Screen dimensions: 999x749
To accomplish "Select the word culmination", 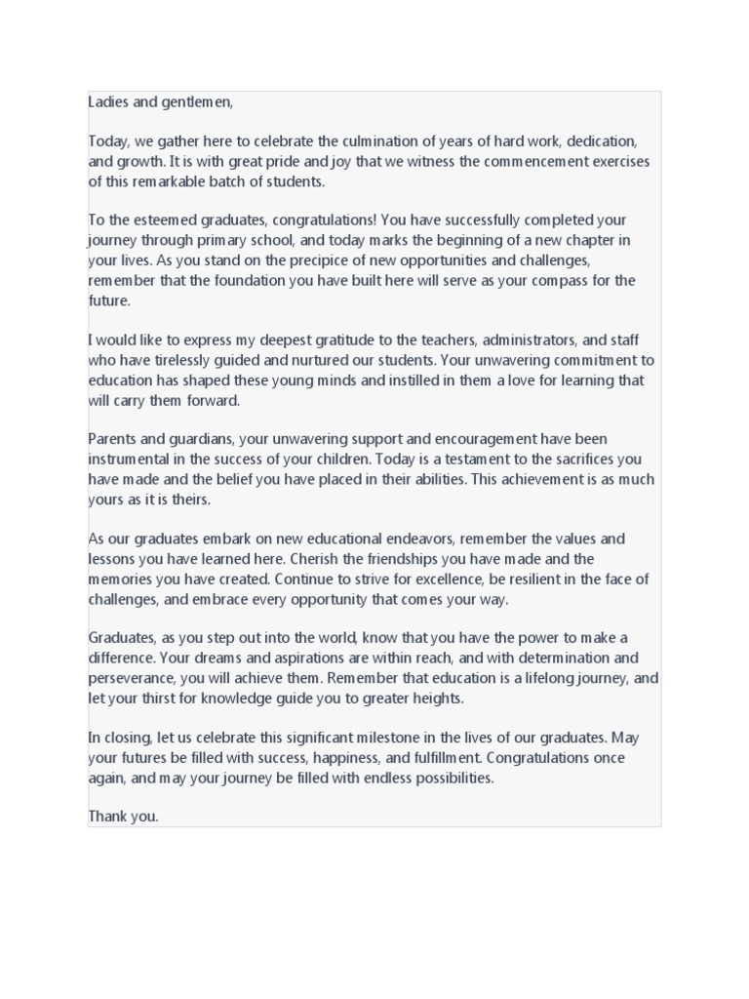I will pos(375,141).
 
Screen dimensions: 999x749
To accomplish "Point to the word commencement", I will pos(482,161).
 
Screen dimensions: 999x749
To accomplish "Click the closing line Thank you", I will pos(123,818).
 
